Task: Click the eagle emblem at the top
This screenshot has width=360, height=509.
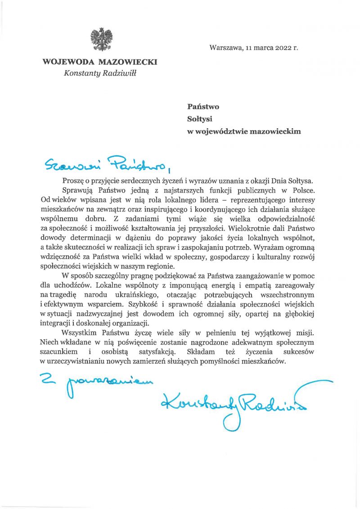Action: coord(101,39)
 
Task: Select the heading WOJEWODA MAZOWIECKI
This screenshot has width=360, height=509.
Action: coord(99,63)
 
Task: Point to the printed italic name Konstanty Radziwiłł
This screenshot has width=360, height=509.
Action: coord(100,73)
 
